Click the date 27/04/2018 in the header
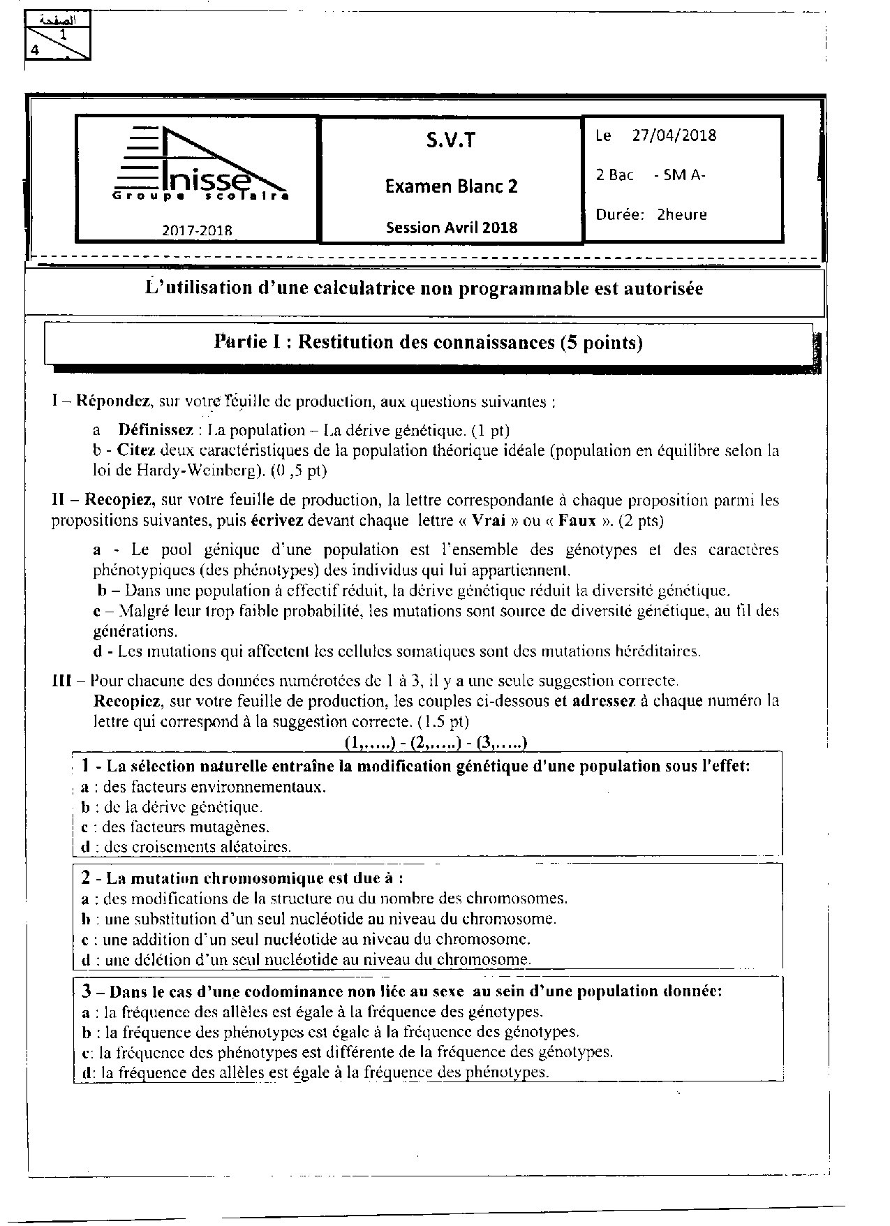coord(674,135)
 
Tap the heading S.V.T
coord(450,141)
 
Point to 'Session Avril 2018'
coord(452,228)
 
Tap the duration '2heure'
coord(681,214)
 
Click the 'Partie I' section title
coord(428,343)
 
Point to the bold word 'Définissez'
coord(154,430)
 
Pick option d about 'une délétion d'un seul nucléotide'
coord(307,959)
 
